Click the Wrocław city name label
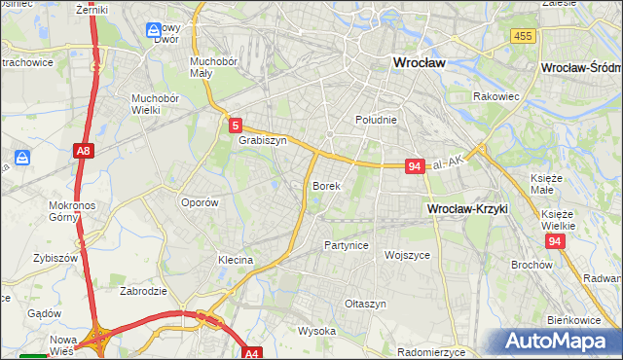click(x=418, y=61)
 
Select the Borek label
click(x=326, y=185)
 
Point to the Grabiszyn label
click(x=262, y=140)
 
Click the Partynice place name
click(x=347, y=245)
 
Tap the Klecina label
click(x=236, y=260)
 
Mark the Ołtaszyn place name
click(x=365, y=304)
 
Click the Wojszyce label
click(x=407, y=255)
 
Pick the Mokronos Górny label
click(x=70, y=211)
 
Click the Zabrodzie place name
click(x=141, y=290)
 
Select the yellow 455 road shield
click(x=523, y=35)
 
